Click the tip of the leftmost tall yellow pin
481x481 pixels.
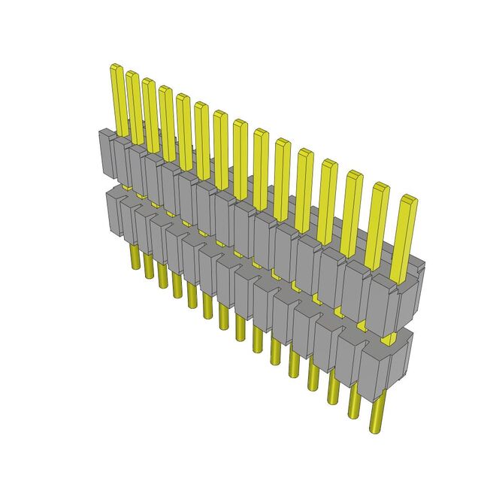click(117, 68)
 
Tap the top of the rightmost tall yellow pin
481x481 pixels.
click(407, 199)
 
